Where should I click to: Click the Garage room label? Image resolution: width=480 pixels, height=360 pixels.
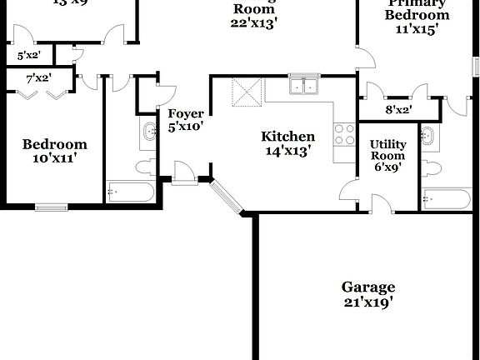[367, 287]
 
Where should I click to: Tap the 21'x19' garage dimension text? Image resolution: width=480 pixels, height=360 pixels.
[367, 302]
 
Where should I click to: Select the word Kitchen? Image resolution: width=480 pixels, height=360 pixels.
[288, 137]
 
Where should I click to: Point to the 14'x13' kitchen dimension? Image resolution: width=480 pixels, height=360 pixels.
[287, 152]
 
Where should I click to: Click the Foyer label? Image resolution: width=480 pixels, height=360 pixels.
[185, 114]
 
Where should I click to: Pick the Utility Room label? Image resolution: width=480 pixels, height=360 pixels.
[387, 150]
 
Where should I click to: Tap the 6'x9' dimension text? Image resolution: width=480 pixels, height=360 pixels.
[387, 167]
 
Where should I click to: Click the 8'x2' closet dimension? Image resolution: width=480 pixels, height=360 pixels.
[397, 110]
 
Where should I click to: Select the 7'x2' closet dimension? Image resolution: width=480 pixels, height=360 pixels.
[39, 79]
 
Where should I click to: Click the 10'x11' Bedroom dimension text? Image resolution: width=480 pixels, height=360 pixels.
[54, 158]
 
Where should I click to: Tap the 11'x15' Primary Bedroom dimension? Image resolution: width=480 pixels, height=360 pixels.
[417, 29]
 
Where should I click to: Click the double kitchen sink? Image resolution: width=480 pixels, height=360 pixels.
[305, 85]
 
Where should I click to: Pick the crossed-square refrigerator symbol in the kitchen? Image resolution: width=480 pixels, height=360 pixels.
[247, 91]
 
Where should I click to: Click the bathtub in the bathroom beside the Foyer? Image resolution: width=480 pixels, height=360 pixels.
[130, 193]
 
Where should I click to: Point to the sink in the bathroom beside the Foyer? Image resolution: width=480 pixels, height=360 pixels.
[150, 132]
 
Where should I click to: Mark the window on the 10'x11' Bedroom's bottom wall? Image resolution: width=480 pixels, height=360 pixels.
[52, 206]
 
